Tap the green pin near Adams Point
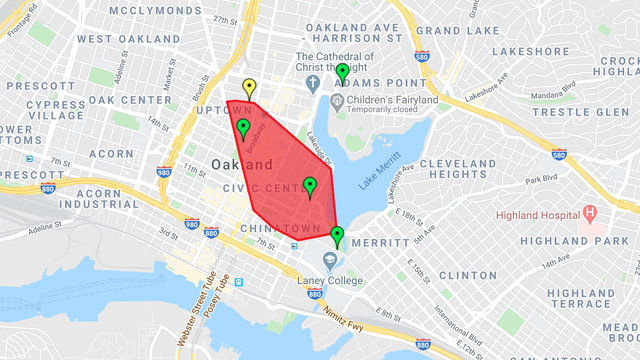(x=342, y=73)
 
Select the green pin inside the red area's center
(x=310, y=186)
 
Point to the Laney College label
(x=333, y=281)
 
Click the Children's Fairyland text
(x=392, y=100)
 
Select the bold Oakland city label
(x=241, y=164)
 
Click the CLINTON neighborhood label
(x=468, y=274)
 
